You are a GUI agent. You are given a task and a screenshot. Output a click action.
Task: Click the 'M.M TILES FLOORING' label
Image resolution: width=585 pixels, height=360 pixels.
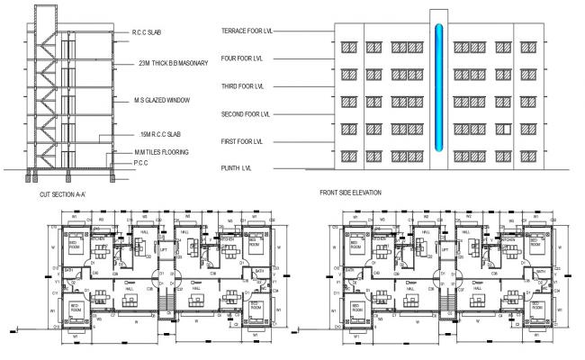pos(162,152)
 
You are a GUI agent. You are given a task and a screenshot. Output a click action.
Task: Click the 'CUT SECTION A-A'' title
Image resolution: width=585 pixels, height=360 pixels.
pos(64,193)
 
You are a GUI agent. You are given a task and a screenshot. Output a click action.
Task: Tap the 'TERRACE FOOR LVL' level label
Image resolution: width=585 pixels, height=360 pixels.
pos(247,31)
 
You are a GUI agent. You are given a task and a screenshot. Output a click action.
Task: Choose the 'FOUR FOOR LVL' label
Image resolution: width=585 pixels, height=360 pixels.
pos(242,59)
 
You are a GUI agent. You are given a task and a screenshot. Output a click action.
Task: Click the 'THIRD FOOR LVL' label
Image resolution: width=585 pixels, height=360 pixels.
pos(242,86)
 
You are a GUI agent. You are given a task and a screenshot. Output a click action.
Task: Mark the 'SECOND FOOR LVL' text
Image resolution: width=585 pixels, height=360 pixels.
pos(245,114)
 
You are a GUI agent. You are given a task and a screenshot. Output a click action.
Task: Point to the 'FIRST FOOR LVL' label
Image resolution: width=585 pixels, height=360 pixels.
pos(242,141)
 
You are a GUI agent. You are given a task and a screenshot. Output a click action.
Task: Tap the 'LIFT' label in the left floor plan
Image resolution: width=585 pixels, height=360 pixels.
pos(163,248)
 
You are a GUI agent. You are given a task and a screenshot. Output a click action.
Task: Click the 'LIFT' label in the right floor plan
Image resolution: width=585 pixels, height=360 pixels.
pos(444,248)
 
